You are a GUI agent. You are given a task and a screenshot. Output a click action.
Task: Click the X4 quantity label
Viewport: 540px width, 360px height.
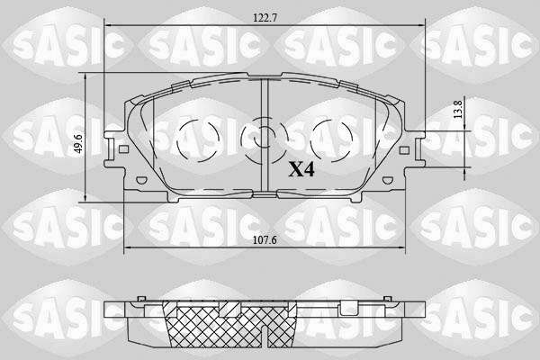(301, 168)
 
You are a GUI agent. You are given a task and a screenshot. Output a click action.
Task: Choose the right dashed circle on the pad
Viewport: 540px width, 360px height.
(329, 140)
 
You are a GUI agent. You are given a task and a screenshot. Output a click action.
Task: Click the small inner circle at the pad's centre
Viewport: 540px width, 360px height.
(263, 139)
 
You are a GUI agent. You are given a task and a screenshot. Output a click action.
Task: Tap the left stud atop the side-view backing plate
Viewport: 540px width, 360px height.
(140, 299)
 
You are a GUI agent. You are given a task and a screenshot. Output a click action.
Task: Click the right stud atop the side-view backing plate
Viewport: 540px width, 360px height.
(388, 299)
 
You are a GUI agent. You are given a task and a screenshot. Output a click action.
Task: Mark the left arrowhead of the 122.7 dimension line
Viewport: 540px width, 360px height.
(109, 27)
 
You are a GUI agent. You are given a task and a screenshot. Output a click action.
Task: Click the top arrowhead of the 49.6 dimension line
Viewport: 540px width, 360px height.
(86, 75)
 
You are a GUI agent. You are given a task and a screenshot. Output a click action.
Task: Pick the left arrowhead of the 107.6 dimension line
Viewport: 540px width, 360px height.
(124, 248)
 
